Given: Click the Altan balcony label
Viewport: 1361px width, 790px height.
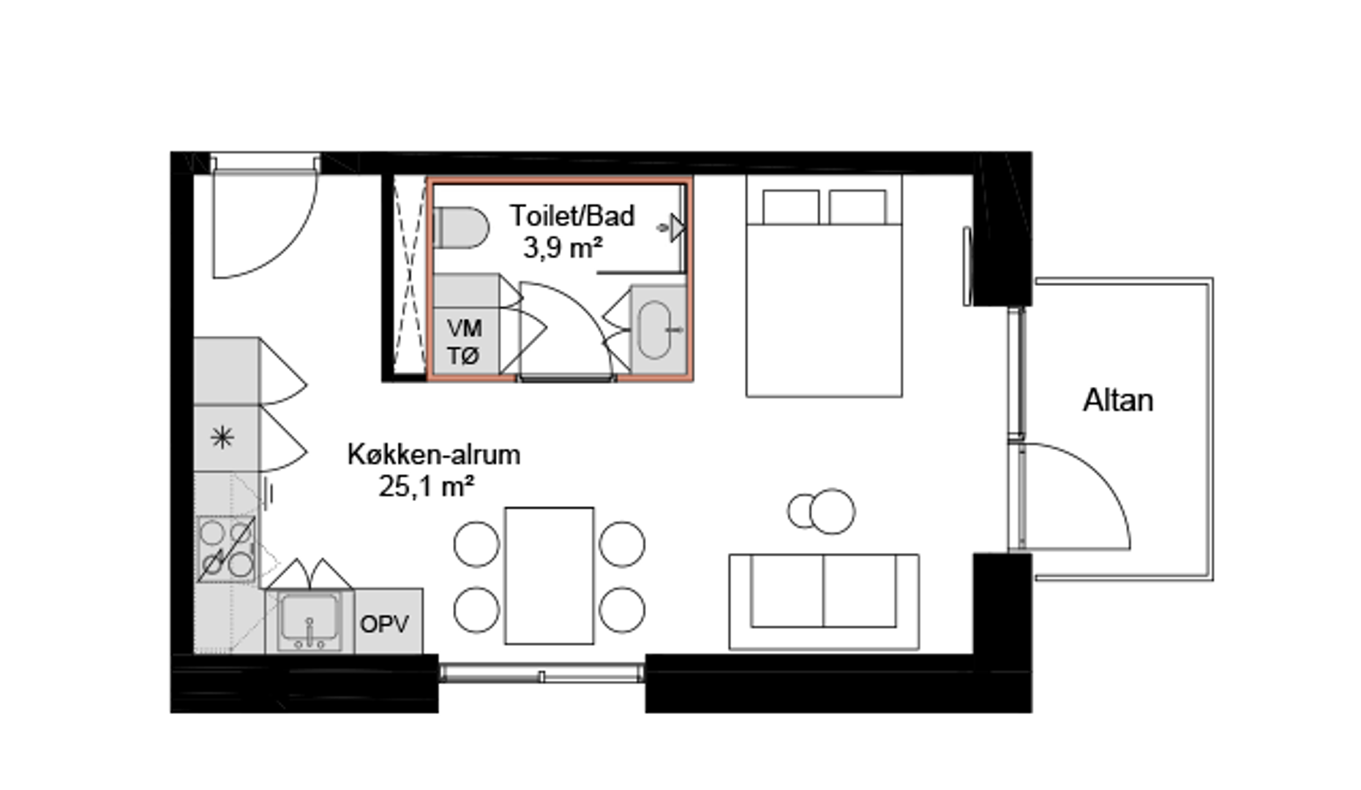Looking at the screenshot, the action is tap(1117, 400).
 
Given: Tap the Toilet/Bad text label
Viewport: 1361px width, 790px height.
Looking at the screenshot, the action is tap(571, 216).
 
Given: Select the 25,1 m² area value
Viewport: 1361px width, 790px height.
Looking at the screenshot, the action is tap(427, 486).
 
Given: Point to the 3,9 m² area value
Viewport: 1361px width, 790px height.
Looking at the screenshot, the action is tap(563, 248).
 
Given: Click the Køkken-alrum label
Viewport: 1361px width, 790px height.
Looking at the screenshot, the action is tap(433, 454).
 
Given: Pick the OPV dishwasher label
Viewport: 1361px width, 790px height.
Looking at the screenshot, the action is tap(384, 624).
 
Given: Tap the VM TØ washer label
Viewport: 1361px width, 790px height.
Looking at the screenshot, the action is tap(464, 342).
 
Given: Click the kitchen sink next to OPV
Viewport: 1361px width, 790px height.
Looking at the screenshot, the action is tap(310, 621).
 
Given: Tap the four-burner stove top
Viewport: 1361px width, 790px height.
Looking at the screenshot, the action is tap(227, 549).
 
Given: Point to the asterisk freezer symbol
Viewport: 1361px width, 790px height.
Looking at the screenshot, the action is tap(222, 438).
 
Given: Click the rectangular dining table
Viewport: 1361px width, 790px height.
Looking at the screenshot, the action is tap(549, 576).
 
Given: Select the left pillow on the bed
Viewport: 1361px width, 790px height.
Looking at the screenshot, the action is tap(791, 207).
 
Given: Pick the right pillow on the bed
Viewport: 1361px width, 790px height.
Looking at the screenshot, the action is tap(858, 207).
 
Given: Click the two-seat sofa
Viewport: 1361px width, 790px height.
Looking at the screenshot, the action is tap(824, 601).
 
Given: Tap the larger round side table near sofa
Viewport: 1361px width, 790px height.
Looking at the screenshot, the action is tap(832, 511).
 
